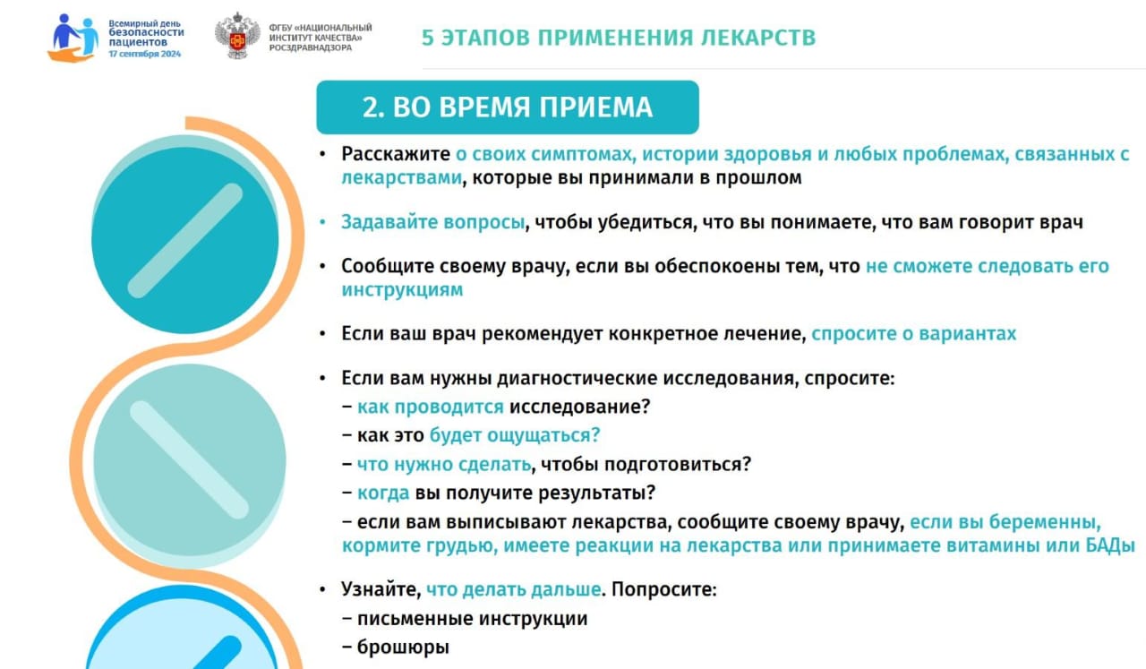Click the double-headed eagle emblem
tap(237, 36)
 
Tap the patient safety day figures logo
tap(73, 38)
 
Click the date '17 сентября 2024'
tap(145, 54)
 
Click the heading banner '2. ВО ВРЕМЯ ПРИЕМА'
tap(508, 107)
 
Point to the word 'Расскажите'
tap(396, 153)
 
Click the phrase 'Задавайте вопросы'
tap(432, 222)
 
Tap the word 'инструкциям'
tap(402, 289)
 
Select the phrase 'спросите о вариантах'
tap(914, 334)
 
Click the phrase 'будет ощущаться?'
tap(514, 435)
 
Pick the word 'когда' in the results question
tap(383, 493)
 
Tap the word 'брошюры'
tap(403, 647)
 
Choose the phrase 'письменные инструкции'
tap(472, 618)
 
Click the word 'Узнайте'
tap(381, 589)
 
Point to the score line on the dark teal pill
tap(184, 241)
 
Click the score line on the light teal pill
tap(189, 459)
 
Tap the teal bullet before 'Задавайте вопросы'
tap(322, 222)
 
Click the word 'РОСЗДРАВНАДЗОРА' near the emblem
tap(311, 47)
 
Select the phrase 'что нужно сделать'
tap(443, 464)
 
